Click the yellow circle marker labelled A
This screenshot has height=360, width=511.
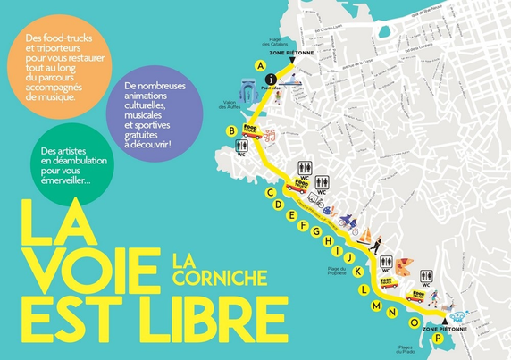point(260,66)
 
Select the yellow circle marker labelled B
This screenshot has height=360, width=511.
point(231,130)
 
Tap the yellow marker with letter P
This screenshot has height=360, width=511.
point(438,338)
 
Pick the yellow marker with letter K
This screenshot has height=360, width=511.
point(358,271)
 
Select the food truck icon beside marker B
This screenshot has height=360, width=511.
point(254,132)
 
